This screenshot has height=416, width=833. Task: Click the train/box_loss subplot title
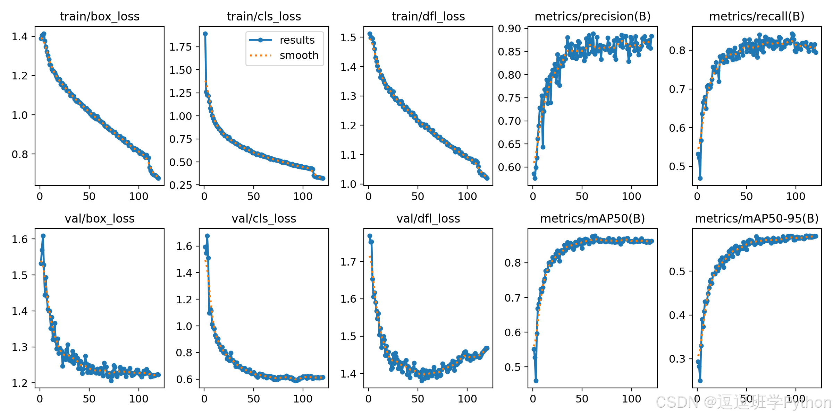100,17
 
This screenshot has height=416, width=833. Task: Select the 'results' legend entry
297,40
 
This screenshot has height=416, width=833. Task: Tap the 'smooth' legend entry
299,55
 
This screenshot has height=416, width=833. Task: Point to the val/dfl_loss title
428,219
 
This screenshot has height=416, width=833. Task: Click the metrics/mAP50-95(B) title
757,219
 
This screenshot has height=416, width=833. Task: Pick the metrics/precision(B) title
592,17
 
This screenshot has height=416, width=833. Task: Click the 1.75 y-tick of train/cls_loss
180,47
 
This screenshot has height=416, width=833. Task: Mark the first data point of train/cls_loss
205,34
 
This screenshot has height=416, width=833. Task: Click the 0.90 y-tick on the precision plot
510,28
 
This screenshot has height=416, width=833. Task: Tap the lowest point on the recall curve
700,178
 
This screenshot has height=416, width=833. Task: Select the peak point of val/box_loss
43,236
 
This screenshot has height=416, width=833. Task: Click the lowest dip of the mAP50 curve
536,381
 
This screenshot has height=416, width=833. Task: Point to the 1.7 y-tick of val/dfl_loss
348,262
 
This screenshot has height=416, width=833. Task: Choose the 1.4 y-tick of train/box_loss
20,36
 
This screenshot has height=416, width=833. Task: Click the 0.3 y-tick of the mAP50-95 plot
677,359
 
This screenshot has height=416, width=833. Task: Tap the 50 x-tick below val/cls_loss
254,399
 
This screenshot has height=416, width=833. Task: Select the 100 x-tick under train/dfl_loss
467,197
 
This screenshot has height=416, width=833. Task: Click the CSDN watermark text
744,402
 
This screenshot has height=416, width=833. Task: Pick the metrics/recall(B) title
757,17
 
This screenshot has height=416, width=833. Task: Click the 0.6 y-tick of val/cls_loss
184,379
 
